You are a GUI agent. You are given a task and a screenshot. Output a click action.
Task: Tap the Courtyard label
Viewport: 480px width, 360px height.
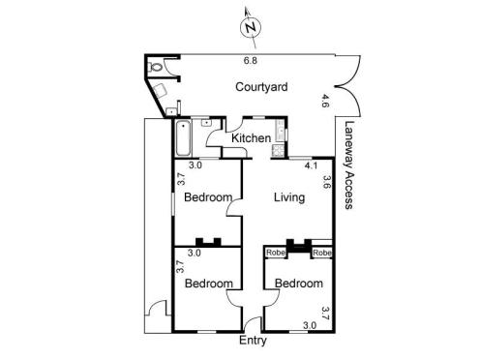click(x=261, y=87)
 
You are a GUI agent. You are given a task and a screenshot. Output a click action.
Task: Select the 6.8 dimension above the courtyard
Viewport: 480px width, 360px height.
click(x=251, y=60)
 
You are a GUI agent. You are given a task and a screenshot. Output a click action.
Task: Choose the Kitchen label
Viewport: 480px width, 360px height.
click(x=251, y=139)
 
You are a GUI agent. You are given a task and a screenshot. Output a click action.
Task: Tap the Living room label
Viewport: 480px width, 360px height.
click(x=288, y=197)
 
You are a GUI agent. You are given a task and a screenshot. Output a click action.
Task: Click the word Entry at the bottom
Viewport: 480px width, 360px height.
click(x=252, y=342)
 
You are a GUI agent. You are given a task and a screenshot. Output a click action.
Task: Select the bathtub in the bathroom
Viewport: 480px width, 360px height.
click(x=184, y=137)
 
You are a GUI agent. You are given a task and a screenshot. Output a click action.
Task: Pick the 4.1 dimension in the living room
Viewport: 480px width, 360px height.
click(x=311, y=165)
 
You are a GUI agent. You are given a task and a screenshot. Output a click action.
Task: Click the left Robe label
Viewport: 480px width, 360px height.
click(x=276, y=253)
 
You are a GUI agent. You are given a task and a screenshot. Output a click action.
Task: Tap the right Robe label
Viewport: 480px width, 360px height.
click(x=322, y=253)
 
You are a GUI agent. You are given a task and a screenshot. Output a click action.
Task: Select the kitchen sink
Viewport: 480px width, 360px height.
click(x=280, y=131)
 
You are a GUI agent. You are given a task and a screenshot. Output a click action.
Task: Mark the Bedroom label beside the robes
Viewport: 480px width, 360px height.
click(x=297, y=284)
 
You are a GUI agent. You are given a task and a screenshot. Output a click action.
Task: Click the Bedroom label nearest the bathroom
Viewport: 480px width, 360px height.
click(x=207, y=197)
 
